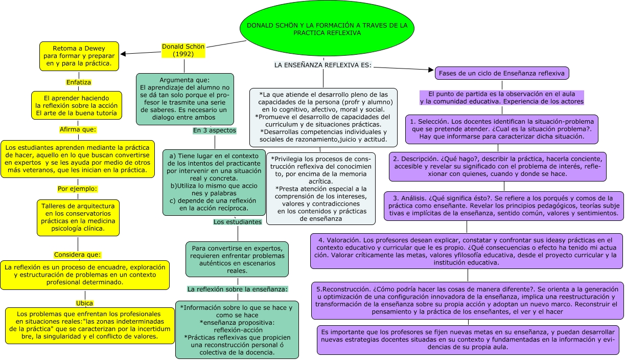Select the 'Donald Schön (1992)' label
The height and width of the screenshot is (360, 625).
[183, 50]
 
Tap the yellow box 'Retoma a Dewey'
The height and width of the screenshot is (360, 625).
[79, 56]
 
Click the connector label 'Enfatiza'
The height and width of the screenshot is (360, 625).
[79, 82]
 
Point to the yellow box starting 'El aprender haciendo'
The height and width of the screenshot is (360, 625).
[77, 105]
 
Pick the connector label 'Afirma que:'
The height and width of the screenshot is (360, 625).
[77, 129]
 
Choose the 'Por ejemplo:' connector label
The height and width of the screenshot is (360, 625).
[77, 189]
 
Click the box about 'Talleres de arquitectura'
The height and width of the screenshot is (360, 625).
[78, 217]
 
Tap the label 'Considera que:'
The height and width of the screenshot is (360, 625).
[78, 255]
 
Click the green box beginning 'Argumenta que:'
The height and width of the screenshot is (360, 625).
[184, 99]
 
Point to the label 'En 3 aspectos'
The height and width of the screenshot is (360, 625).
[215, 130]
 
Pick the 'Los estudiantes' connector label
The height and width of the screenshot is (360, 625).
[237, 222]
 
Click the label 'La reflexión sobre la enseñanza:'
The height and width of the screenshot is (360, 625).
[237, 289]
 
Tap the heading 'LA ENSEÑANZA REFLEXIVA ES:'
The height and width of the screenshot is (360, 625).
[322, 65]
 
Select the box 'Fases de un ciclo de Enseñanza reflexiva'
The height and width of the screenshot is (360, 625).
[501, 73]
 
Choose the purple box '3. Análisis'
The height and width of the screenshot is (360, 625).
[503, 206]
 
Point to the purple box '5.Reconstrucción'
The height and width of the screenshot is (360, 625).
[467, 301]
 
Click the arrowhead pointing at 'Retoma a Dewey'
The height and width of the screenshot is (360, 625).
[123, 53]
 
